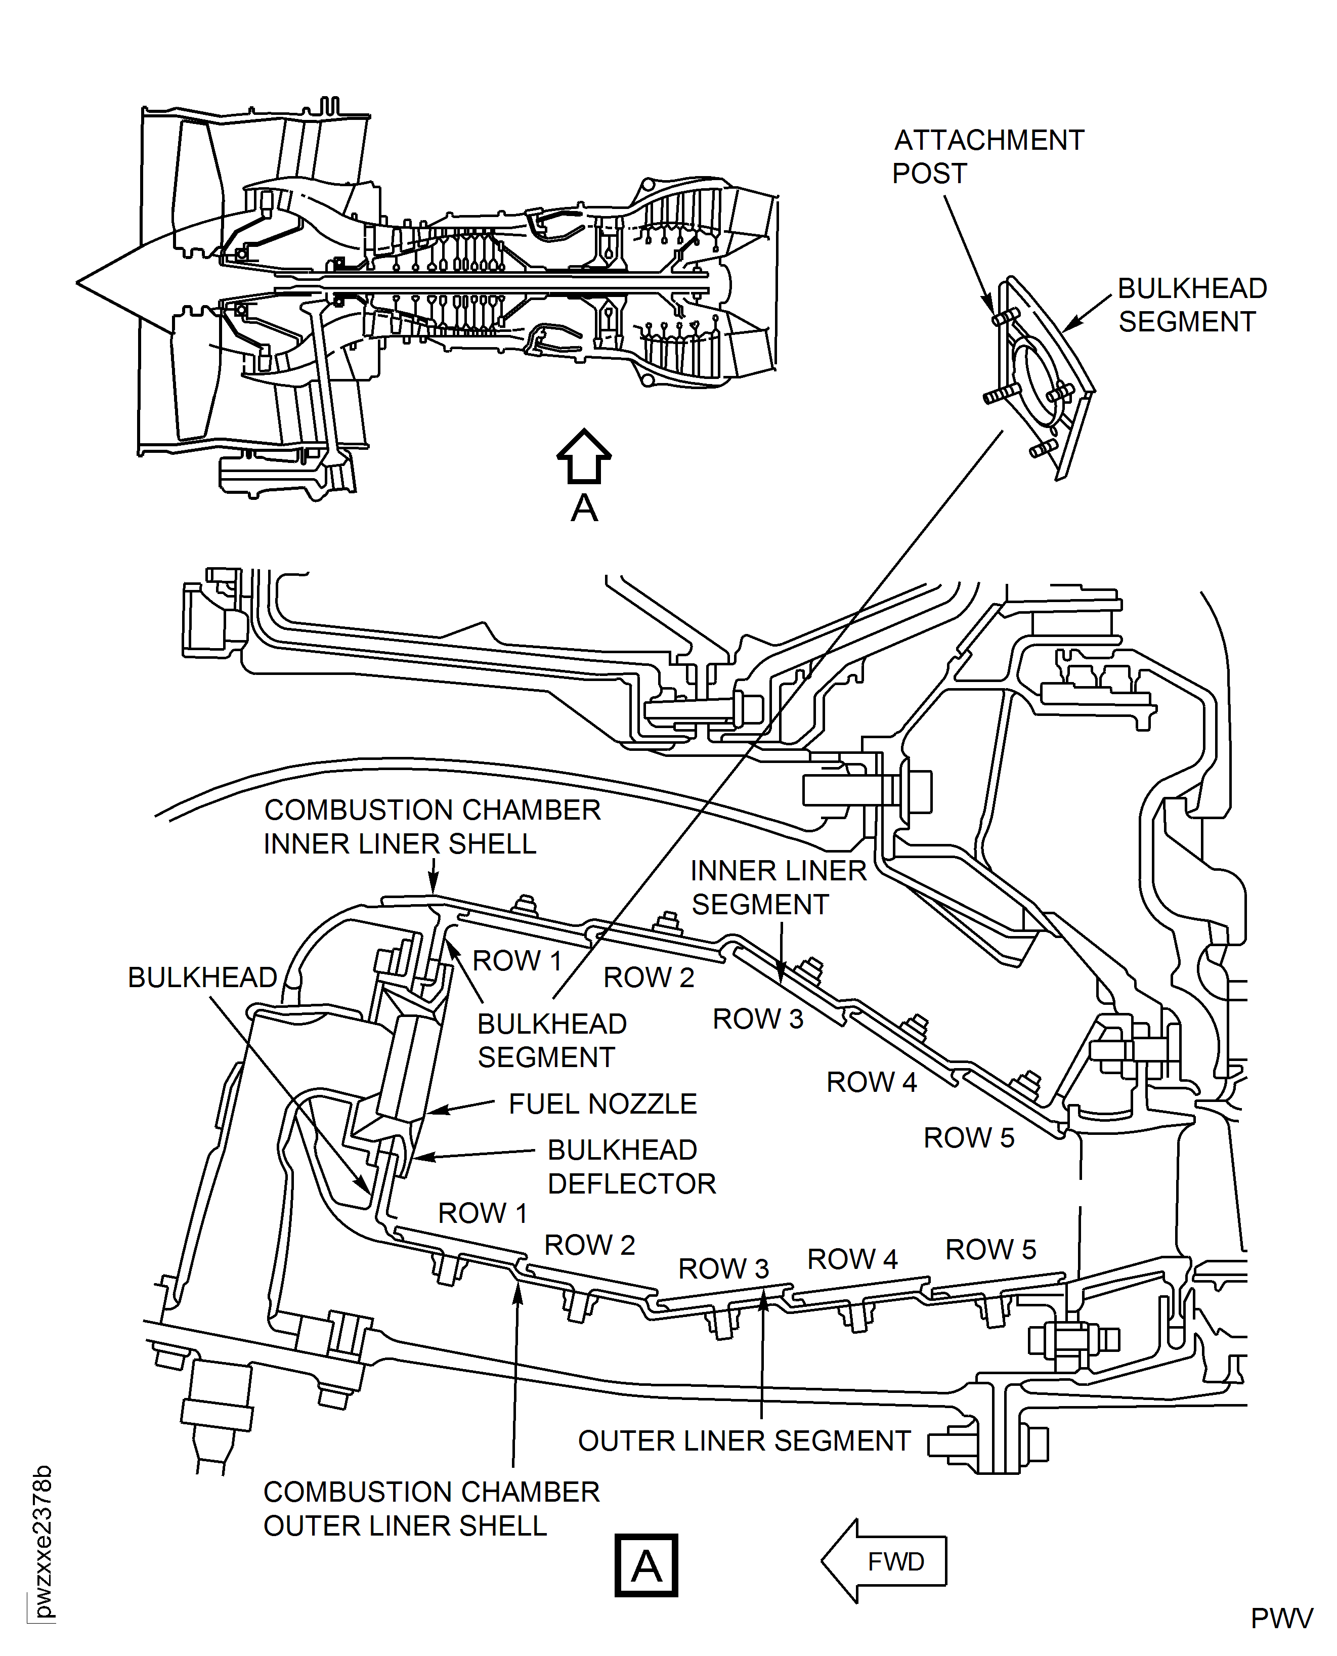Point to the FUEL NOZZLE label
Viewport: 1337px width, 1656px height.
[x=602, y=1103]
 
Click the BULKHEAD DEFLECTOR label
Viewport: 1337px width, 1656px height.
[x=631, y=1167]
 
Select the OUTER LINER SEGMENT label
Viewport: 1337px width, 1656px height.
[x=744, y=1441]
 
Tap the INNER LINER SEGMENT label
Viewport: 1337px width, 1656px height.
[x=778, y=887]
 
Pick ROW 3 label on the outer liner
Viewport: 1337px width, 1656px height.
[x=723, y=1268]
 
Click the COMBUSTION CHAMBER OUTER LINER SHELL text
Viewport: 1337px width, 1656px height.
[x=432, y=1509]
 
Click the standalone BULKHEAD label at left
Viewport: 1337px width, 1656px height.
[x=202, y=978]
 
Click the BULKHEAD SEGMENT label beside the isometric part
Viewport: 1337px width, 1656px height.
[x=1191, y=305]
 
